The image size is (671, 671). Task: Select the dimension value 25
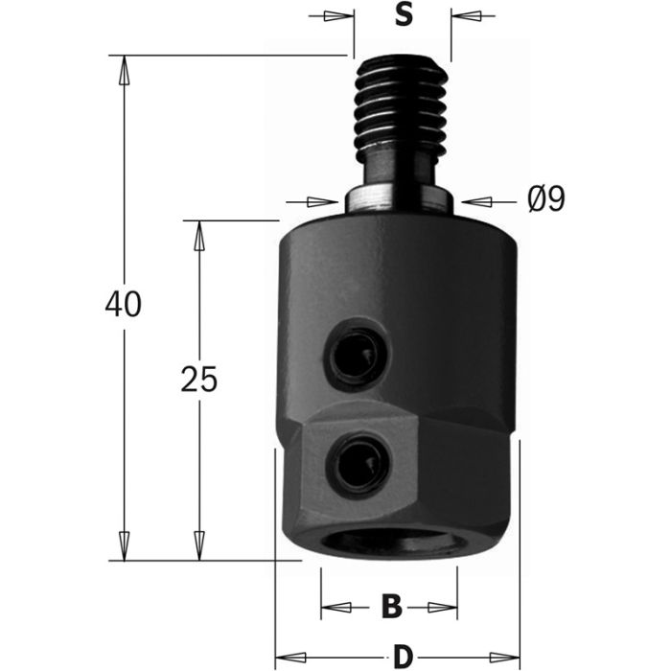click(x=199, y=380)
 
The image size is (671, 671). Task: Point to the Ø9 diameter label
click(x=546, y=199)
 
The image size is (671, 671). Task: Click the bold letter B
click(x=390, y=606)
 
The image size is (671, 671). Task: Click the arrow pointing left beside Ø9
click(x=476, y=201)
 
